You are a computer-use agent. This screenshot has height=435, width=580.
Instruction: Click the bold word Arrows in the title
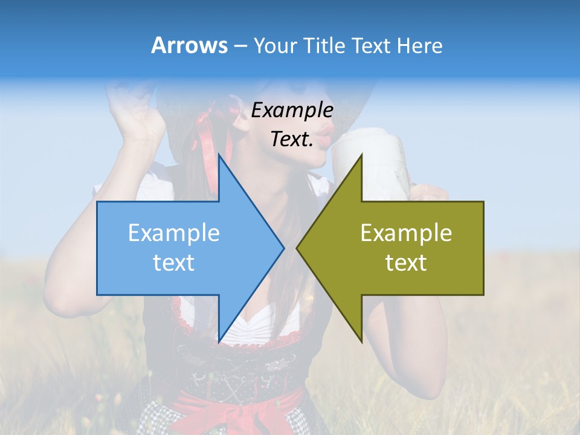pyautogui.click(x=189, y=45)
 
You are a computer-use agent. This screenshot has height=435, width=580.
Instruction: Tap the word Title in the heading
pyautogui.click(x=326, y=45)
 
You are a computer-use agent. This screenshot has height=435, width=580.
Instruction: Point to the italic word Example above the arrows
pyautogui.click(x=292, y=111)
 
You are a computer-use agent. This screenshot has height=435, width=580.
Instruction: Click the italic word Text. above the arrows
pyautogui.click(x=292, y=140)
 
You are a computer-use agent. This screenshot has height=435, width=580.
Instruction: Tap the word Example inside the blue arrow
pyautogui.click(x=174, y=233)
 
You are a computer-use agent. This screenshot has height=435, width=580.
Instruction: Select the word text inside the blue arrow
pyautogui.click(x=174, y=263)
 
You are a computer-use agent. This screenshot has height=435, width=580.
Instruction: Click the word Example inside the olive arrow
pyautogui.click(x=406, y=233)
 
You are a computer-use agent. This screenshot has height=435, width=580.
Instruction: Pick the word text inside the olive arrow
pyautogui.click(x=406, y=263)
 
